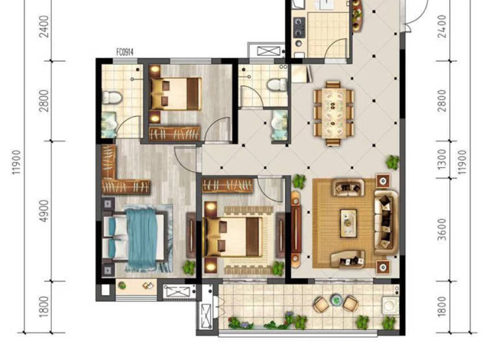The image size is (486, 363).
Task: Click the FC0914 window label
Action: (x=125, y=52)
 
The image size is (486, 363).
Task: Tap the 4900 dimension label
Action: (x=44, y=211)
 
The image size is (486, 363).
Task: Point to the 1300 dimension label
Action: (x=443, y=159)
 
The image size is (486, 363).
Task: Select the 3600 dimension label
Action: (x=443, y=229)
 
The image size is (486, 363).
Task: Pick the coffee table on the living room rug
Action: (x=349, y=223)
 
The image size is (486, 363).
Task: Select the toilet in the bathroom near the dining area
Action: (x=277, y=85)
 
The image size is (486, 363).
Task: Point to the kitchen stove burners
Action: (x=299, y=27)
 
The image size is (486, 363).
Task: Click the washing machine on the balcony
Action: (x=390, y=306)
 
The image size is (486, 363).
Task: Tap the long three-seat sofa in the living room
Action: (x=386, y=222)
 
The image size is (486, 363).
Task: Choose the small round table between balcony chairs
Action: (x=336, y=299)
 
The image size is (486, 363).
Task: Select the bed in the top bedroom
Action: (x=176, y=93)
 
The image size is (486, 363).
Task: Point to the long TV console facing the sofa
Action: (x=295, y=227)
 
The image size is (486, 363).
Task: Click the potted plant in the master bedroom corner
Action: (x=189, y=268)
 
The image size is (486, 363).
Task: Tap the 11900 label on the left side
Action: (x=16, y=162)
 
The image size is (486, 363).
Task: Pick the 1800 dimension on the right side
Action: (x=443, y=307)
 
